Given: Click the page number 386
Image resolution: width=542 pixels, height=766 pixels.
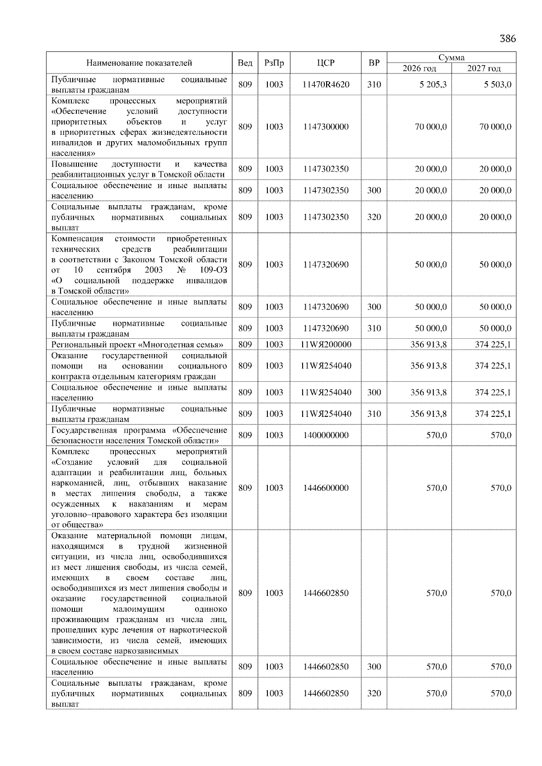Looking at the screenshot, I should pos(507,38).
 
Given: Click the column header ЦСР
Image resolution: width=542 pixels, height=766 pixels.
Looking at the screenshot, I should pos(326,63).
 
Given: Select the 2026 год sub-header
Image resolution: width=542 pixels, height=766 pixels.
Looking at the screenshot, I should pos(419,69).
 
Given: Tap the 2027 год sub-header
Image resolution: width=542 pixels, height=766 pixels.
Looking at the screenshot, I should pos(484,69).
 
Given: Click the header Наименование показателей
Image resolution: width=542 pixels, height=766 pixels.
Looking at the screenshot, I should pos(139,63).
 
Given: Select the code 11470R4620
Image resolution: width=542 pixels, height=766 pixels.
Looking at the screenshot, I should pos(326,84).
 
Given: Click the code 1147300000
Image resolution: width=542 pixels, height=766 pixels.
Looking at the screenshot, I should pos(326,127).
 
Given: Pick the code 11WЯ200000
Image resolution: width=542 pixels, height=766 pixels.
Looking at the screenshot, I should pos(326,344).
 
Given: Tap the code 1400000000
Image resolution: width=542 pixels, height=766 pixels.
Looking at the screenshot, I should pos(326,435).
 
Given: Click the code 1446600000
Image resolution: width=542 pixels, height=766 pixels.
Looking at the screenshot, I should pos(326,488).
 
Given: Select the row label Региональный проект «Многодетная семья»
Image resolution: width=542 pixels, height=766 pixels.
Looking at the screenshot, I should pos(137,345).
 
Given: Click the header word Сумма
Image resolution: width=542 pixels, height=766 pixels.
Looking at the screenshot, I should pos(451,57).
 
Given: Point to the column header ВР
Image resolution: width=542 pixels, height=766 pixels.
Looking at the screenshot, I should pos(374,63).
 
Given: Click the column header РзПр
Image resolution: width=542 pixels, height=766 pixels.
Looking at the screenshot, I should pos(274,63).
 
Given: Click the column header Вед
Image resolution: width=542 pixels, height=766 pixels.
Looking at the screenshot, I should pos(245,63).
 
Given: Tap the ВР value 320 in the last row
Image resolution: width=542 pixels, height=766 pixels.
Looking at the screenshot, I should pos(374,693).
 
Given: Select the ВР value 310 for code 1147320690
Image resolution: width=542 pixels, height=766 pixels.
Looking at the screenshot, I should pos(374,328).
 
